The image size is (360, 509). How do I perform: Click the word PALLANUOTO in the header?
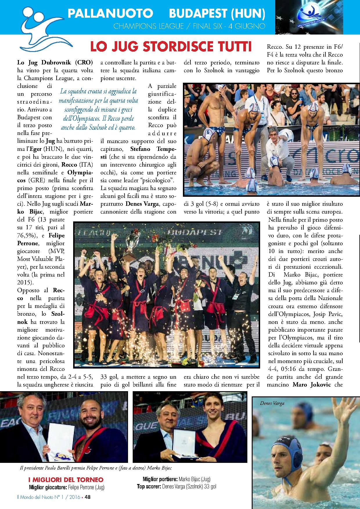pos(110,13)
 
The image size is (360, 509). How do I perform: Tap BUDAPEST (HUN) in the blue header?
pos(217,13)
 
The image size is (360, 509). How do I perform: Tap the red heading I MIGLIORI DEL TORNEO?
pos(65,479)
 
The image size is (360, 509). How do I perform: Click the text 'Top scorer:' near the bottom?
pos(149,487)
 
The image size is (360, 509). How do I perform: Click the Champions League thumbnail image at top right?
pos(309,17)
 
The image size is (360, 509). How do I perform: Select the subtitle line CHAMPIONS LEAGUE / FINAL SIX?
pos(189,26)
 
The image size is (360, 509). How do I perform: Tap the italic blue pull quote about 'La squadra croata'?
pos(98,109)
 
